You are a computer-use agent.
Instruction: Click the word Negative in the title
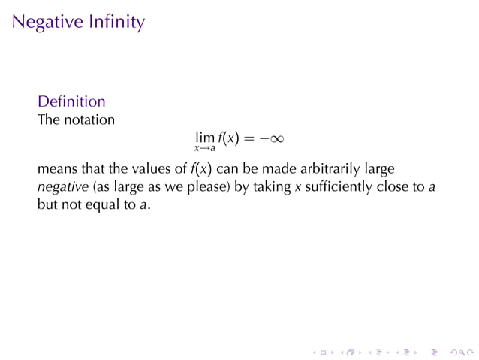45,23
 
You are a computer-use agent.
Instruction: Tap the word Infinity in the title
113,23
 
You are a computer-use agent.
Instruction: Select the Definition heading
71,101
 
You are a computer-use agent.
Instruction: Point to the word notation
89,119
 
